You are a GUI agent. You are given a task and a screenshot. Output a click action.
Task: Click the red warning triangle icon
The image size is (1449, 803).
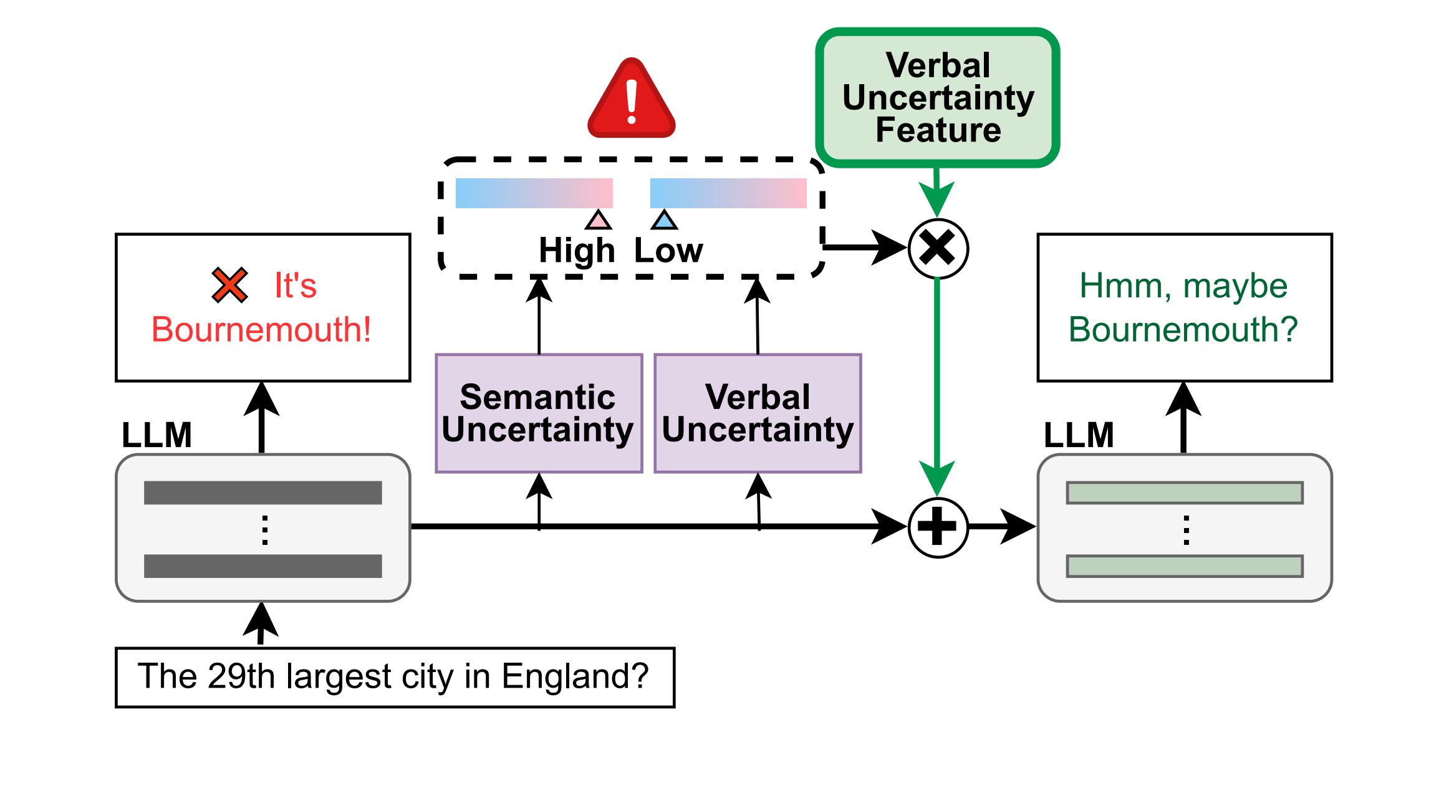pyautogui.click(x=631, y=100)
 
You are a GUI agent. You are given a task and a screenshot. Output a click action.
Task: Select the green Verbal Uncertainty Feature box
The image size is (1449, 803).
pyautogui.click(x=938, y=98)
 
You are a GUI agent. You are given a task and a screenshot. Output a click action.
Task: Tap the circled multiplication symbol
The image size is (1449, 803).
pyautogui.click(x=938, y=248)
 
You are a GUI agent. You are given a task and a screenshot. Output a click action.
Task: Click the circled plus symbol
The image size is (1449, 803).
pyautogui.click(x=938, y=527)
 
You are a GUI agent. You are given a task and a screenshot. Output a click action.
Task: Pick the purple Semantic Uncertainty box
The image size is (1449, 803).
pyautogui.click(x=539, y=413)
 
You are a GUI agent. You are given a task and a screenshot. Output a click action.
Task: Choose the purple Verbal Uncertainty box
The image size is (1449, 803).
pyautogui.click(x=758, y=413)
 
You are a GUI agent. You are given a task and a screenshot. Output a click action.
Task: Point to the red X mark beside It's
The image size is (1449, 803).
pyautogui.click(x=229, y=285)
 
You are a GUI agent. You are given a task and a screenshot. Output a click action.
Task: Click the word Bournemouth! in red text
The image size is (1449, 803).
pyautogui.click(x=261, y=329)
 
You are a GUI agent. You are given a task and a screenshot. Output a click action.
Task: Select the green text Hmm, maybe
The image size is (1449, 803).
pyautogui.click(x=1183, y=286)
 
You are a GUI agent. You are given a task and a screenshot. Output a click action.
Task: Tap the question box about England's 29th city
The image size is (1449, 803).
pyautogui.click(x=395, y=677)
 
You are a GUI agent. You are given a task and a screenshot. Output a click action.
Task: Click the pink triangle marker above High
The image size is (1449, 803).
pyautogui.click(x=599, y=220)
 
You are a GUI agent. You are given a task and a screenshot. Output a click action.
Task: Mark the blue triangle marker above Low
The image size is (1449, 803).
pyautogui.click(x=664, y=220)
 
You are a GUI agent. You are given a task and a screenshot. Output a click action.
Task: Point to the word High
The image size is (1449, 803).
pyautogui.click(x=577, y=251)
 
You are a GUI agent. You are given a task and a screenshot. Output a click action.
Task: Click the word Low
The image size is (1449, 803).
pyautogui.click(x=668, y=251)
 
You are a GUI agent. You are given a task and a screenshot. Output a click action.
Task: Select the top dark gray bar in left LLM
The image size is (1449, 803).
pyautogui.click(x=262, y=493)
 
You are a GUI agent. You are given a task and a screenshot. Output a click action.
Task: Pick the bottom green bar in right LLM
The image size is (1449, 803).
pyautogui.click(x=1184, y=566)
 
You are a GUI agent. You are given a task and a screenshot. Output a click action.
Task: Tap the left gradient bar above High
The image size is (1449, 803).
pyautogui.click(x=534, y=193)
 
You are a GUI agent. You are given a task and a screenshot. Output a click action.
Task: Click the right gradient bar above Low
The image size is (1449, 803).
pyautogui.click(x=728, y=193)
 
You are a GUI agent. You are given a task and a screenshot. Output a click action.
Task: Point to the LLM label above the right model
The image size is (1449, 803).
pyautogui.click(x=1079, y=435)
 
